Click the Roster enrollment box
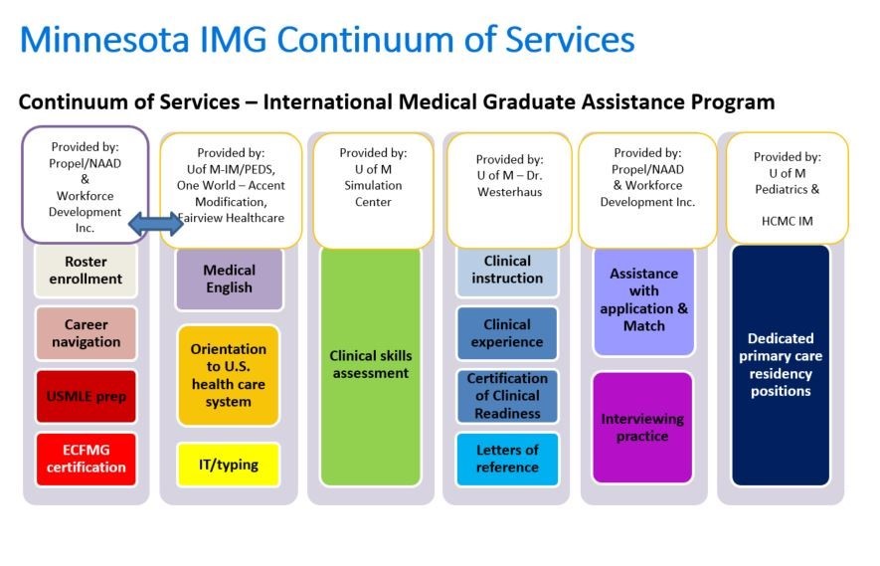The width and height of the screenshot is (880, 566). click(x=86, y=271)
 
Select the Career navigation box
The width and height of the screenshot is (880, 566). click(x=86, y=333)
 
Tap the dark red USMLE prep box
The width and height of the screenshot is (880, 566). click(x=86, y=397)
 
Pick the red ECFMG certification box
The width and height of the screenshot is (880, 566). click(x=86, y=459)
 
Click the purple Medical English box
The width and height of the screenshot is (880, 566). click(x=230, y=280)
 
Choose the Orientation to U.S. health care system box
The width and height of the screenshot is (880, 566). click(x=229, y=375)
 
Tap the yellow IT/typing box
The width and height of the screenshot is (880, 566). click(x=229, y=465)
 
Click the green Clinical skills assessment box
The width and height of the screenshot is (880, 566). click(x=371, y=366)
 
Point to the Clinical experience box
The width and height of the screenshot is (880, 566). click(x=507, y=333)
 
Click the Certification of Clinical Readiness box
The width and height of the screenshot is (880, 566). click(x=507, y=396)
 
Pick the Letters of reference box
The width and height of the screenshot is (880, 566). click(x=507, y=459)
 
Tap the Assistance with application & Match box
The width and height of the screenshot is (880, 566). click(x=643, y=301)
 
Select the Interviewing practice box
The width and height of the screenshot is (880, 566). click(x=642, y=428)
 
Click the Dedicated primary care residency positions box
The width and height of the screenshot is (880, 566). click(x=781, y=365)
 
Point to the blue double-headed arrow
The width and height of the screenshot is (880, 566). click(x=156, y=224)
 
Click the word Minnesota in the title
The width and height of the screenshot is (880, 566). click(x=105, y=40)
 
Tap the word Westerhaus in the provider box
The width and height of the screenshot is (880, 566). click(x=509, y=192)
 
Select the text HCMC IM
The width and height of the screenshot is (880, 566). click(x=787, y=221)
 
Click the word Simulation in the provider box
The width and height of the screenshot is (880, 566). click(x=373, y=185)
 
